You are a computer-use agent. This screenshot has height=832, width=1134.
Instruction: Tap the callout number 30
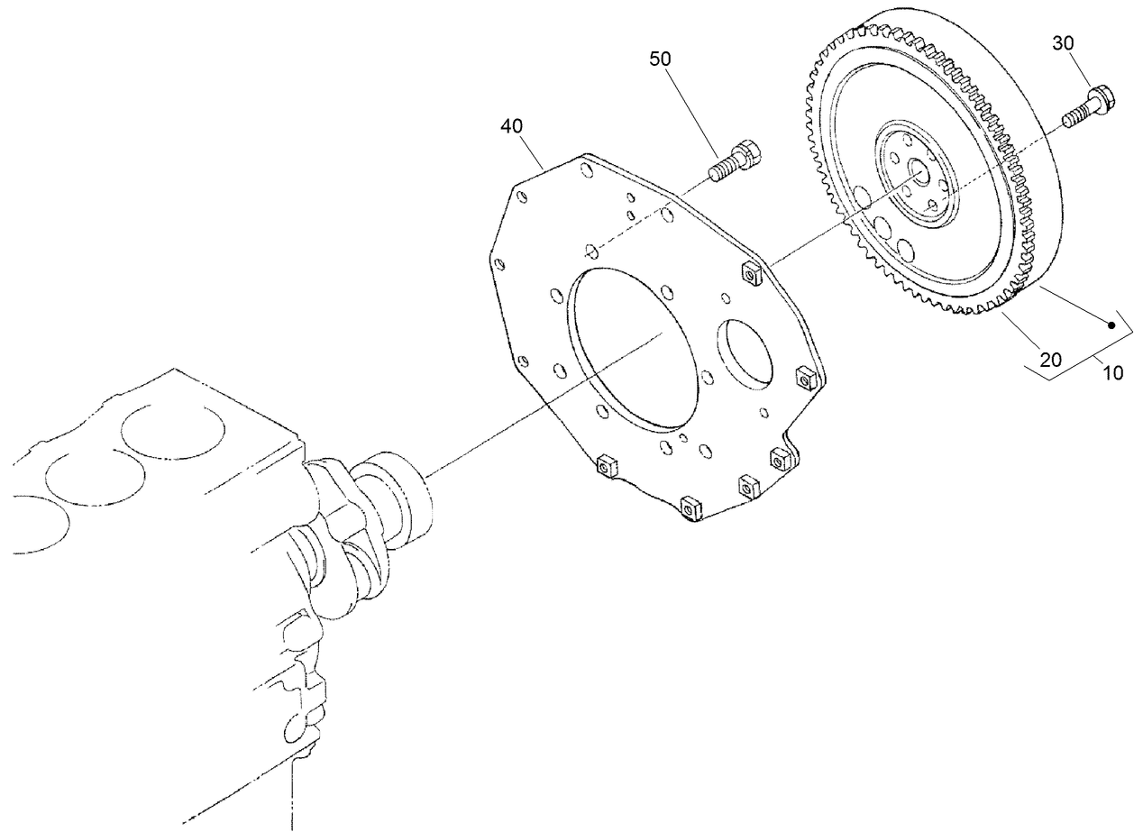pos(1064,42)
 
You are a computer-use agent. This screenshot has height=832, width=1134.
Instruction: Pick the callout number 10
pos(1114,372)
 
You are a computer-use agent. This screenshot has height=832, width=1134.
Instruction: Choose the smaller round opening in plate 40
pos(745,361)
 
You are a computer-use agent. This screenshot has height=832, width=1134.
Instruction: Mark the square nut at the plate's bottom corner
pos(690,508)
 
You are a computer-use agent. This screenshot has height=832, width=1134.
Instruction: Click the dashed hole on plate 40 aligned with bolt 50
pos(590,249)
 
